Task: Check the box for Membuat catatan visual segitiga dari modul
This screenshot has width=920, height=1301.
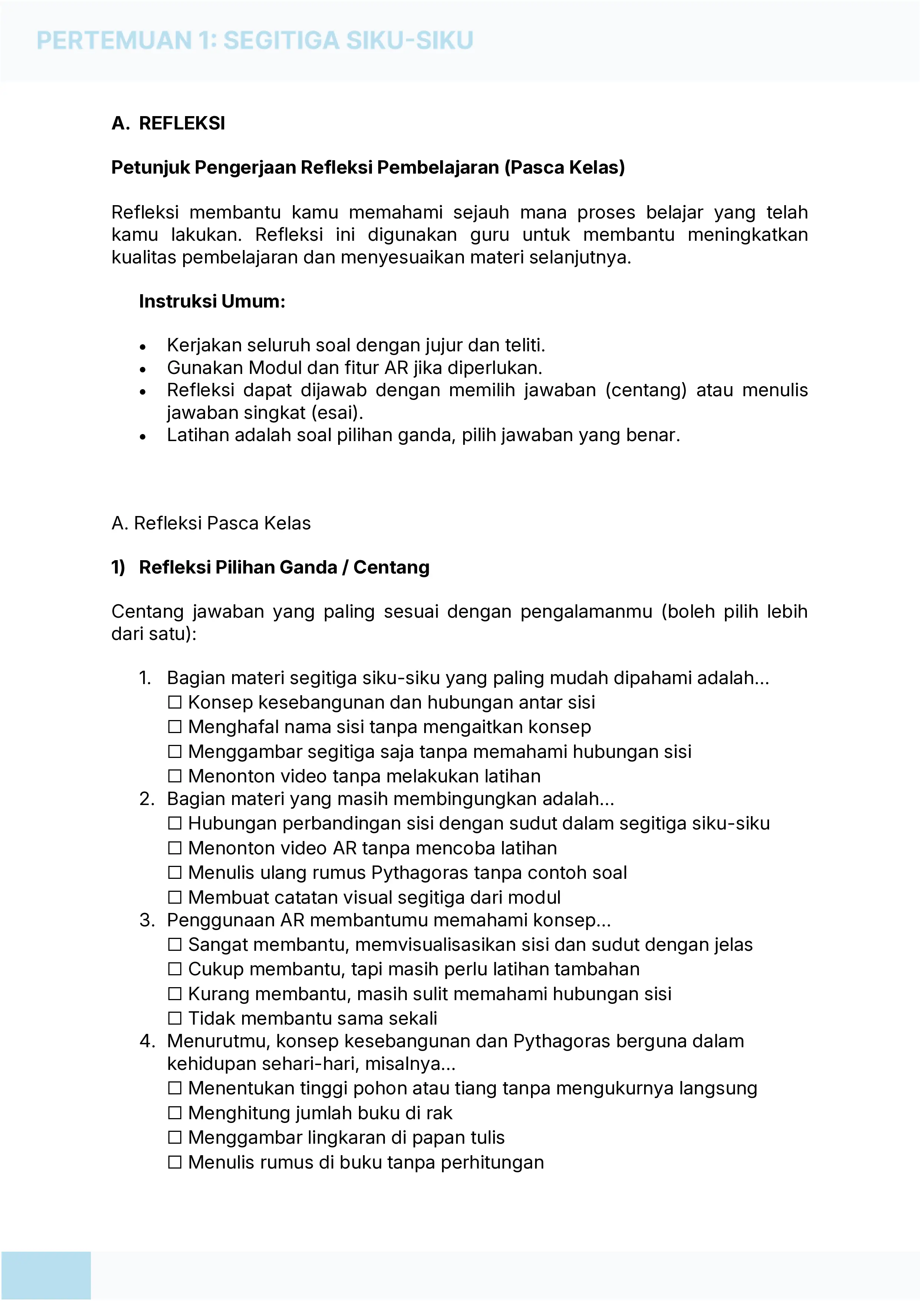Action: coord(175,897)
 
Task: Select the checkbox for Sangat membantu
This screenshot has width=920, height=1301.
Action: coord(175,944)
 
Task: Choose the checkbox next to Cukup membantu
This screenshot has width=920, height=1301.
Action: coord(175,969)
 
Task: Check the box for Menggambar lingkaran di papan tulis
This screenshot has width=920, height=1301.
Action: coord(175,1138)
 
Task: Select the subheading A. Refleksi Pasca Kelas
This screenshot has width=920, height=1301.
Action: coord(211,523)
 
